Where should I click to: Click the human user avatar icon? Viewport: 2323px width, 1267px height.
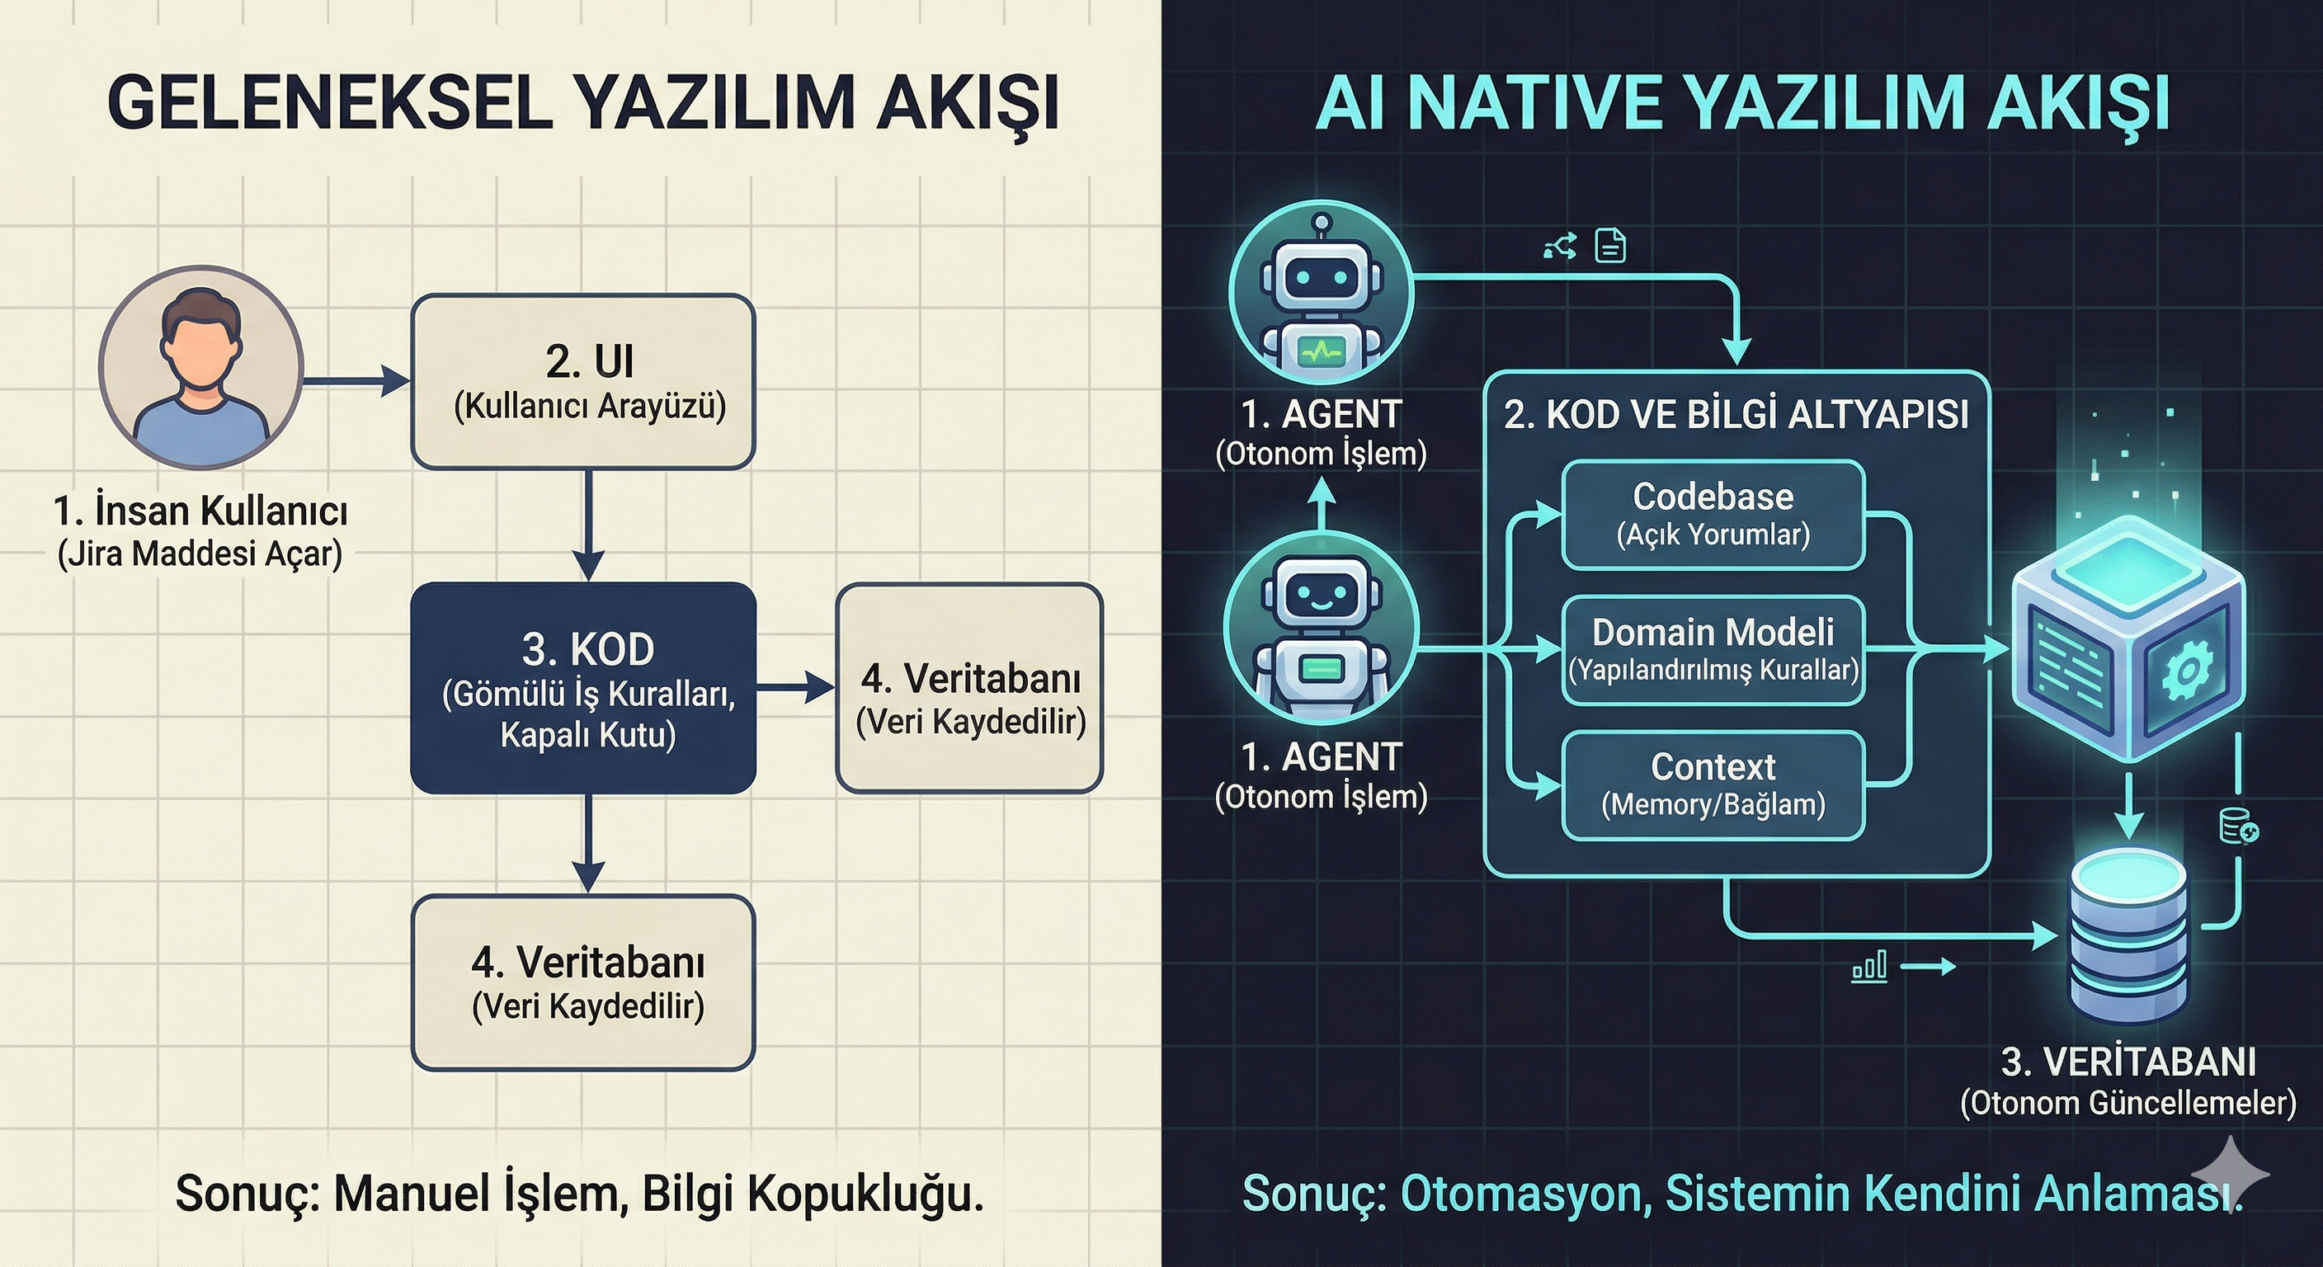click(200, 367)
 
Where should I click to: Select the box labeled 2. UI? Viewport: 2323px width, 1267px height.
click(582, 381)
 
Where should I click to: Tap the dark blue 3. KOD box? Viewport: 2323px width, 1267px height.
click(582, 689)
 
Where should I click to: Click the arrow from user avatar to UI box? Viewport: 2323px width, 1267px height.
click(356, 380)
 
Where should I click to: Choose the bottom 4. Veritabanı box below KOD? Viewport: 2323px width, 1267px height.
click(582, 983)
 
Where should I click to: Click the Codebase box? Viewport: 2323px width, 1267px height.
click(1713, 515)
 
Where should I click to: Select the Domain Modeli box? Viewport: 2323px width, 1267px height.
click(1713, 650)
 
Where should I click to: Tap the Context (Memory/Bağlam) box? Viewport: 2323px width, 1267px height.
click(1713, 785)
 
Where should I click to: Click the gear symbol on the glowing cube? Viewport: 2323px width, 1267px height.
click(2185, 670)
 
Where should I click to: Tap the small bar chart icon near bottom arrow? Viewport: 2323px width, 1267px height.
click(1868, 968)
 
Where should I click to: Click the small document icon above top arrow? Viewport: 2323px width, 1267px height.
click(1610, 245)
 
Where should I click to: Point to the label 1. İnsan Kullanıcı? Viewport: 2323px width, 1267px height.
click(200, 511)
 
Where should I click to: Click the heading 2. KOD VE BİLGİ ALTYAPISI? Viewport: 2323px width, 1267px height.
click(1736, 415)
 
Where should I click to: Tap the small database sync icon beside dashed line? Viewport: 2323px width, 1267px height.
click(2237, 826)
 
